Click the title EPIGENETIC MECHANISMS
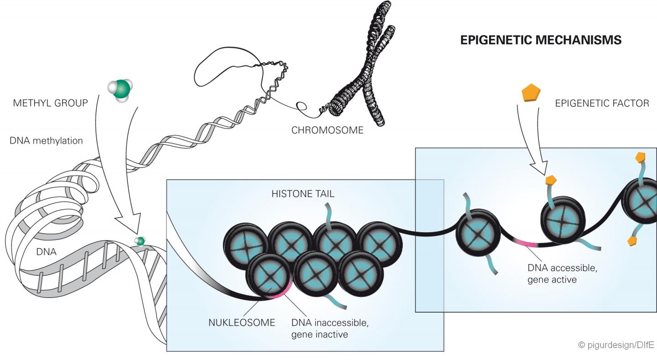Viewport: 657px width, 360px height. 541,40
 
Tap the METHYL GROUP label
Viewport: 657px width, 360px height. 51,103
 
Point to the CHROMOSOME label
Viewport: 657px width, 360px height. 327,130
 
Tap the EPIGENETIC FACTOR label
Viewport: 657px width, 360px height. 602,103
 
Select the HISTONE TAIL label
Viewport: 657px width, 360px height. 303,194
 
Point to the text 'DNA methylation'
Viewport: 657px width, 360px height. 46,141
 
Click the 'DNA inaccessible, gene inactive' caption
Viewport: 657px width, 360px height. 329,329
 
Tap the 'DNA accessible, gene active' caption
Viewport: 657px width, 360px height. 562,273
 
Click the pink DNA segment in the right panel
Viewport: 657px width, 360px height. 525,243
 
